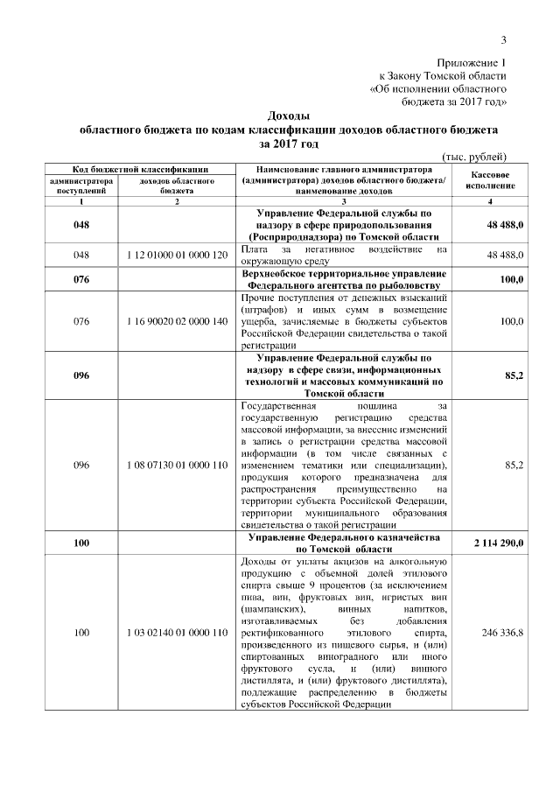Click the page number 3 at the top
[x=503, y=39]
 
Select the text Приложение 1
[x=472, y=64]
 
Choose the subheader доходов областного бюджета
[x=178, y=184]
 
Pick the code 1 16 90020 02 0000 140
[x=178, y=321]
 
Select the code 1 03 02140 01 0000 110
[x=178, y=631]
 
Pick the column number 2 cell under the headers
[x=178, y=202]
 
